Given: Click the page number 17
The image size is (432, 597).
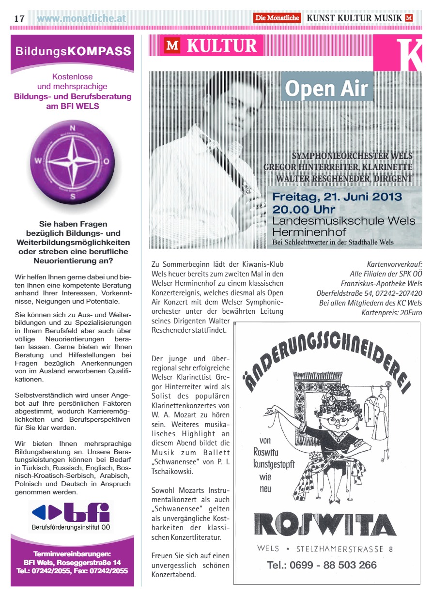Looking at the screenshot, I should (19, 18).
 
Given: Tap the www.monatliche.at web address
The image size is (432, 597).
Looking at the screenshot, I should (81, 18).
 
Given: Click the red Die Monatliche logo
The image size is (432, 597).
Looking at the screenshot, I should (278, 18).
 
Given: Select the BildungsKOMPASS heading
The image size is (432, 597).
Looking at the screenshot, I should (73, 51).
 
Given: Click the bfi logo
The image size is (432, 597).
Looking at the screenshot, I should (71, 512).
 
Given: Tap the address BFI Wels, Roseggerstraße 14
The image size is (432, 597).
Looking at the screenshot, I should (72, 563).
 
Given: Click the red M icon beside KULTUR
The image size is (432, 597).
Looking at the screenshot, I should (172, 46).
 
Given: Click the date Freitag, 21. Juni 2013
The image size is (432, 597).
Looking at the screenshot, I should (337, 197).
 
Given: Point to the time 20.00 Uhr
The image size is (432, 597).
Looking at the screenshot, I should (304, 209).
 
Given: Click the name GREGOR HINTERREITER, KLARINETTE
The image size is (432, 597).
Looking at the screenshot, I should (338, 167).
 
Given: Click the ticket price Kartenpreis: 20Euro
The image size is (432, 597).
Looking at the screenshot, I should (391, 313).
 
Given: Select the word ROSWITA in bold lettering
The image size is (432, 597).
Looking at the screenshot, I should (326, 524).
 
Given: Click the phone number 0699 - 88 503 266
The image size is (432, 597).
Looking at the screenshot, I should (322, 565).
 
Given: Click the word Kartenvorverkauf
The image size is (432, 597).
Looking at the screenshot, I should (394, 265).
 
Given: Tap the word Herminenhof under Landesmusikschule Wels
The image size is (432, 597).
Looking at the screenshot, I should (302, 231).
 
